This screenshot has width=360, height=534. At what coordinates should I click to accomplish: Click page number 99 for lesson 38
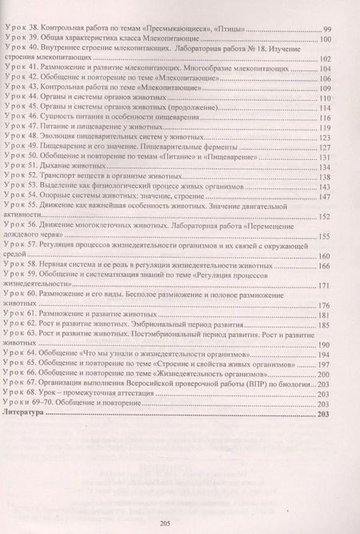[x=326, y=30]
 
